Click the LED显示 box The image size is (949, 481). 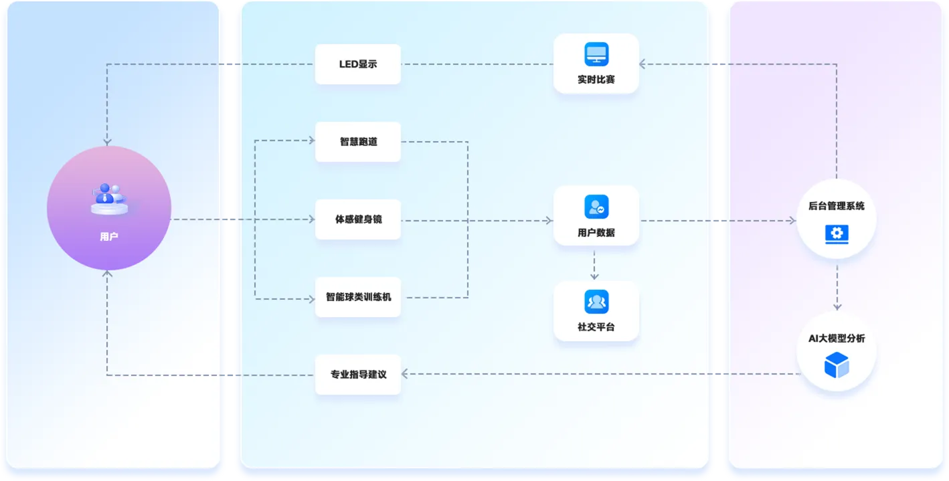[358, 64]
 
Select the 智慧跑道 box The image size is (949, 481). [358, 141]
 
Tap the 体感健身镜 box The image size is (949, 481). [358, 219]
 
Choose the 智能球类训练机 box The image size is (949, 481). [358, 297]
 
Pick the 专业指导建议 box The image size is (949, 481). [358, 375]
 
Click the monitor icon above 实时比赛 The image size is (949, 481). [596, 54]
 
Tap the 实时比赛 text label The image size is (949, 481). [596, 80]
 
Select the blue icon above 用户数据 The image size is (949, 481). [596, 207]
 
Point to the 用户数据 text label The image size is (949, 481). [596, 232]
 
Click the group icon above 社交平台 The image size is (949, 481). [596, 302]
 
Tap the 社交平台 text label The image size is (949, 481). [596, 327]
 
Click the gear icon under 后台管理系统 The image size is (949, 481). [837, 234]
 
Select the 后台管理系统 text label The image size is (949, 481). [837, 206]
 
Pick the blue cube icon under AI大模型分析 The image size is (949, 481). [837, 365]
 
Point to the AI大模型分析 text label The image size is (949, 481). [837, 339]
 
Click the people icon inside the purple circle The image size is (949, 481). [109, 199]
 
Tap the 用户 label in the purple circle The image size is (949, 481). [109, 237]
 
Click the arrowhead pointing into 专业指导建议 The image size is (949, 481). [405, 374]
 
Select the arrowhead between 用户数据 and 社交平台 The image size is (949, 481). [594, 276]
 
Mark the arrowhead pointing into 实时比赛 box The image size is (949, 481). [642, 64]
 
